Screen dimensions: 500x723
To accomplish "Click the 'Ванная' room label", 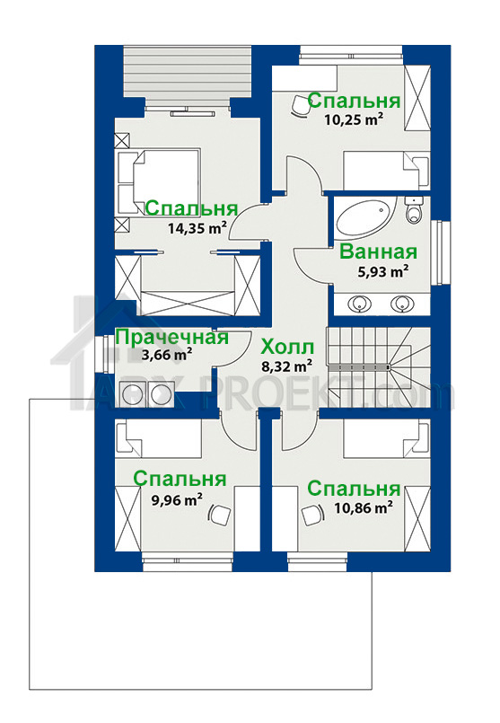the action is tap(378, 252).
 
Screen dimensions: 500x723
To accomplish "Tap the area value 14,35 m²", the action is tap(197, 228).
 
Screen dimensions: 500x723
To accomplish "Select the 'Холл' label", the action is tap(287, 348).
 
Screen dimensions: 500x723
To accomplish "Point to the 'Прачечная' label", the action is tap(171, 337).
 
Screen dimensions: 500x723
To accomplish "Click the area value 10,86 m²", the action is tap(364, 508).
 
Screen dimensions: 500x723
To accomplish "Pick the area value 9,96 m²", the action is tap(177, 500).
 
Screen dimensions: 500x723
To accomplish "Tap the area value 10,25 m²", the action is tap(355, 119).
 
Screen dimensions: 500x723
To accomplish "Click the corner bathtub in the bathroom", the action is tap(366, 218).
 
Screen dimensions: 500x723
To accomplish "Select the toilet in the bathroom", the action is tap(415, 210).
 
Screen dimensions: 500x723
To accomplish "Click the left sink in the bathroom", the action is tap(360, 304).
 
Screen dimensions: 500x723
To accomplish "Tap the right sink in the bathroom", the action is tap(402, 304).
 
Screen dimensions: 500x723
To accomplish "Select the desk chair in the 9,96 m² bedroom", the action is tap(219, 514).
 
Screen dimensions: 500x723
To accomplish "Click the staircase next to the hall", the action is tap(378, 367).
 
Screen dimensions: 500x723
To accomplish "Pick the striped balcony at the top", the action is tap(187, 72).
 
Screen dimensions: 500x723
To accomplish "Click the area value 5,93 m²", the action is tap(383, 272).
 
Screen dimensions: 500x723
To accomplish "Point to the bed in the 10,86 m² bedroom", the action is tap(386, 440).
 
